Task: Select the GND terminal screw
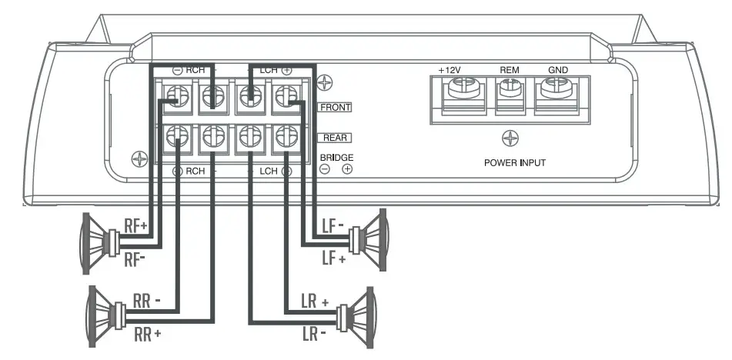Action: (557, 90)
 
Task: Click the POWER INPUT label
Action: (515, 163)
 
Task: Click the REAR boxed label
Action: (334, 138)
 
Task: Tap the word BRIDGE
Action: (336, 157)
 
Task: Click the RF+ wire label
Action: (136, 225)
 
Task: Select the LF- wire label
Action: (333, 225)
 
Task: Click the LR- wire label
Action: (313, 335)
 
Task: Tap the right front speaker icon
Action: (97, 243)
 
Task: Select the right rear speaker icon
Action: (105, 316)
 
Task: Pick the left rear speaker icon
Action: (361, 315)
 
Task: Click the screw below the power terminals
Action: (509, 138)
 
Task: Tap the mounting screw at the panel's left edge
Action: (139, 159)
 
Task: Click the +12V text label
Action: (449, 69)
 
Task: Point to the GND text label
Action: (557, 69)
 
